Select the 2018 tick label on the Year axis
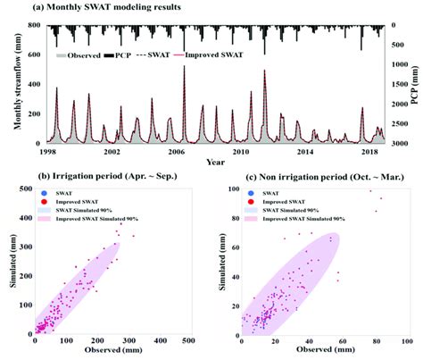click(368, 152)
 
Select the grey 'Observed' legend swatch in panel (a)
click(58, 55)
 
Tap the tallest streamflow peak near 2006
click(185, 68)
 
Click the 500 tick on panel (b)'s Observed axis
click(188, 341)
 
